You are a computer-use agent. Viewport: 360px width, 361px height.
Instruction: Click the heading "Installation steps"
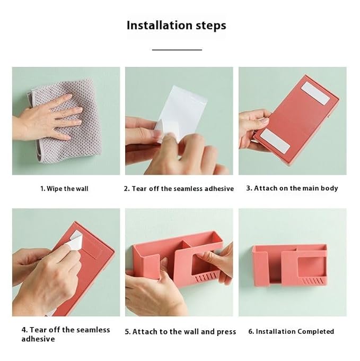click(177, 25)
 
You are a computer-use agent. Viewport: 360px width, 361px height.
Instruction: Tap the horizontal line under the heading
click(177, 49)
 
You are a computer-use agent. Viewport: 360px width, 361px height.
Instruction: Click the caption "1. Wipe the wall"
click(64, 189)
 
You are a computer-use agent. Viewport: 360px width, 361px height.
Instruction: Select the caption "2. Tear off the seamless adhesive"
click(179, 189)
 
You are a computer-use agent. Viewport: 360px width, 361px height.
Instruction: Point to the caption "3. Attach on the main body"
click(292, 188)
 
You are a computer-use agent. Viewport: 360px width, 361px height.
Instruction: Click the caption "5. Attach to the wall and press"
click(180, 332)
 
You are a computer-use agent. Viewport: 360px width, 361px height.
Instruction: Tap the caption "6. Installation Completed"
click(291, 331)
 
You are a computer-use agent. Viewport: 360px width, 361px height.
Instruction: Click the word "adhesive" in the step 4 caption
click(38, 339)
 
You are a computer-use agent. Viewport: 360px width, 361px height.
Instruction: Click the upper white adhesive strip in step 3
click(315, 93)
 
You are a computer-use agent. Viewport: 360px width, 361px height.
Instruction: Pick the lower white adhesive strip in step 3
click(275, 141)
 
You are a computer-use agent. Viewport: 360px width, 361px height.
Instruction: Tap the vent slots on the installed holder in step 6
click(313, 281)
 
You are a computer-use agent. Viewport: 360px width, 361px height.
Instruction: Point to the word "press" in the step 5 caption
click(226, 332)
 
